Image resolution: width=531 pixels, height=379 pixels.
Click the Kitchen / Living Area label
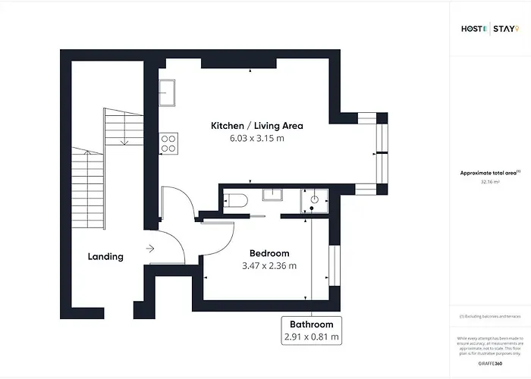(256, 126)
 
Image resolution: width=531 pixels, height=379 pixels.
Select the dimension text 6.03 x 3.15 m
(256, 139)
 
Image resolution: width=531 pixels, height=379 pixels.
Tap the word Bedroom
(269, 253)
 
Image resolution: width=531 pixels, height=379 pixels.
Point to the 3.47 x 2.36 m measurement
(269, 266)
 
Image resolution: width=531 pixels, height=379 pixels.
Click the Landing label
(105, 257)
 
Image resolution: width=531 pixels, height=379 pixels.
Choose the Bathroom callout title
(312, 324)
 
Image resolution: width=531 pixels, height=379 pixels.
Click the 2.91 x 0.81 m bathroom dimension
(312, 337)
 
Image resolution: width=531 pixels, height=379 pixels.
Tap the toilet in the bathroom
(235, 200)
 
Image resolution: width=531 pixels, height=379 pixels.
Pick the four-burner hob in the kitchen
(168, 143)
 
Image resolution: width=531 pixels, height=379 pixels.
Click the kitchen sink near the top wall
(168, 92)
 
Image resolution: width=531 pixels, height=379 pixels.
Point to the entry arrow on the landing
(150, 247)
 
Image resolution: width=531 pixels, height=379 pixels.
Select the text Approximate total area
(489, 173)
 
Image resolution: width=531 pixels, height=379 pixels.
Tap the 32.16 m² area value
(489, 182)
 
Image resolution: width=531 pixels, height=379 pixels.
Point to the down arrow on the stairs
(124, 134)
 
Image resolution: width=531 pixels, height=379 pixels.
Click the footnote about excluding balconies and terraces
(489, 316)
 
